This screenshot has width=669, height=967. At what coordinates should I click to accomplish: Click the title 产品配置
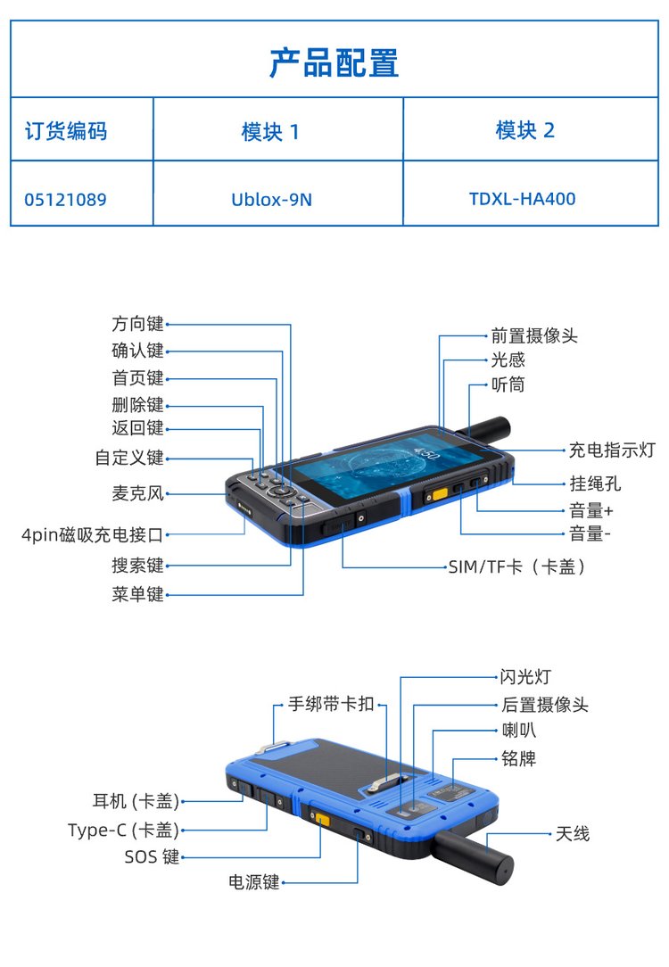coord(334,63)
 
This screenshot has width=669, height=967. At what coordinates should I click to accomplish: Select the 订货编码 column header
coord(66,131)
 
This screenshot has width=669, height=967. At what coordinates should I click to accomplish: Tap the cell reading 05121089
coord(65,200)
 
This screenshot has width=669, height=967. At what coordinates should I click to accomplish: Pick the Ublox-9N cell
coord(271,200)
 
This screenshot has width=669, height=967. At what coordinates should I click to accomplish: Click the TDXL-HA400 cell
coord(522,199)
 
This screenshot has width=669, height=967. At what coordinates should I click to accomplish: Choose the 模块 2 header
coord(524,130)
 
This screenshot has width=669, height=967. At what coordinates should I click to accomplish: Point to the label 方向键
coord(137,324)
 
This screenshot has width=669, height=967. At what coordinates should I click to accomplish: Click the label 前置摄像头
coord(534,335)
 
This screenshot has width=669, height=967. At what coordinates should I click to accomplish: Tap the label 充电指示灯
coord(612,450)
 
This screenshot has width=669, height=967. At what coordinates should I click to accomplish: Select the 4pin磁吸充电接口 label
coord(93,534)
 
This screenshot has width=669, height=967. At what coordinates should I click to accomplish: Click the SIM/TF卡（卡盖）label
coord(516,566)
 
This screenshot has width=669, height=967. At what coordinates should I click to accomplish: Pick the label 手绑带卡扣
coord(331,704)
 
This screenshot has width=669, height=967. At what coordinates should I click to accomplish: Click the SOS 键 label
coord(152,856)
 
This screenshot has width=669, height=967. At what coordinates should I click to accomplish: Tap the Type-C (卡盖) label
coord(123,831)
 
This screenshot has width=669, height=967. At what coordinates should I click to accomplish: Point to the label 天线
coord(572,834)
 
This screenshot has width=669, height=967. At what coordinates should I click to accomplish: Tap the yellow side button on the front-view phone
coord(440,494)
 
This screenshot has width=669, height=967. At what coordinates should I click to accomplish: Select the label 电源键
coord(254,882)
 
